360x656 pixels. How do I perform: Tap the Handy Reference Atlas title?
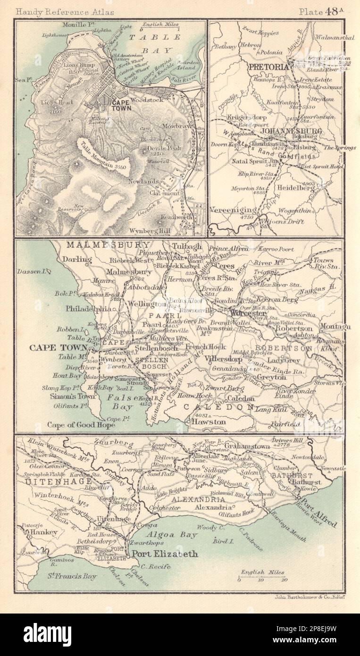pyautogui.click(x=58, y=13)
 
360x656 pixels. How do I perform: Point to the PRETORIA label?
pyautogui.click(x=266, y=67)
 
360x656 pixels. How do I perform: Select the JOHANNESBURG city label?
pyautogui.click(x=293, y=131)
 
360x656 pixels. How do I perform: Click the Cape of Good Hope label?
pyautogui.click(x=81, y=424)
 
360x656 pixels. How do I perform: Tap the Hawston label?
pyautogui.click(x=208, y=422)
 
